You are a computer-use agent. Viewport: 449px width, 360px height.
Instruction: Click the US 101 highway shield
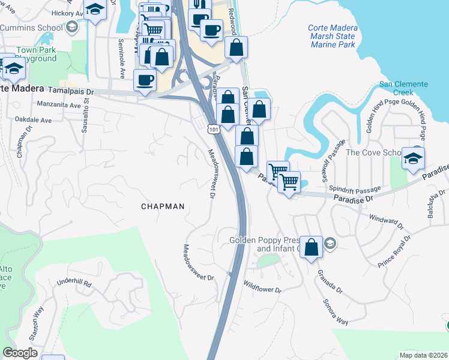pos(214,128)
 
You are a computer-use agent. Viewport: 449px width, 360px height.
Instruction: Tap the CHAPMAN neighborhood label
pos(162,206)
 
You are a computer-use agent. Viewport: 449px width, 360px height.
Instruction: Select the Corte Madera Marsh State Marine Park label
pos(331,37)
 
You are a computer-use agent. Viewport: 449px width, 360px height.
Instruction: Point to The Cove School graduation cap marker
pos(413,158)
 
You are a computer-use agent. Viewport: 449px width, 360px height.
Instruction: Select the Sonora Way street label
pos(336,312)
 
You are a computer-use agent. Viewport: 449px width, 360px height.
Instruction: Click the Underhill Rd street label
pos(73,283)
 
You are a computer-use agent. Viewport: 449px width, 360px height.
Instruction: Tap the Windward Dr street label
pos(384,221)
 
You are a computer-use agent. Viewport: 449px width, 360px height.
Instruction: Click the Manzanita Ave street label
pos(58,105)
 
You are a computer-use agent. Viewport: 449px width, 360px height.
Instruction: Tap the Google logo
pos(20,353)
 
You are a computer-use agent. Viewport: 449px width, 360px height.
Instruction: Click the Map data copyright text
pos(423,355)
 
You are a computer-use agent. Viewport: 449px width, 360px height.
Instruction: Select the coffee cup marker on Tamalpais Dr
pos(144,80)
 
